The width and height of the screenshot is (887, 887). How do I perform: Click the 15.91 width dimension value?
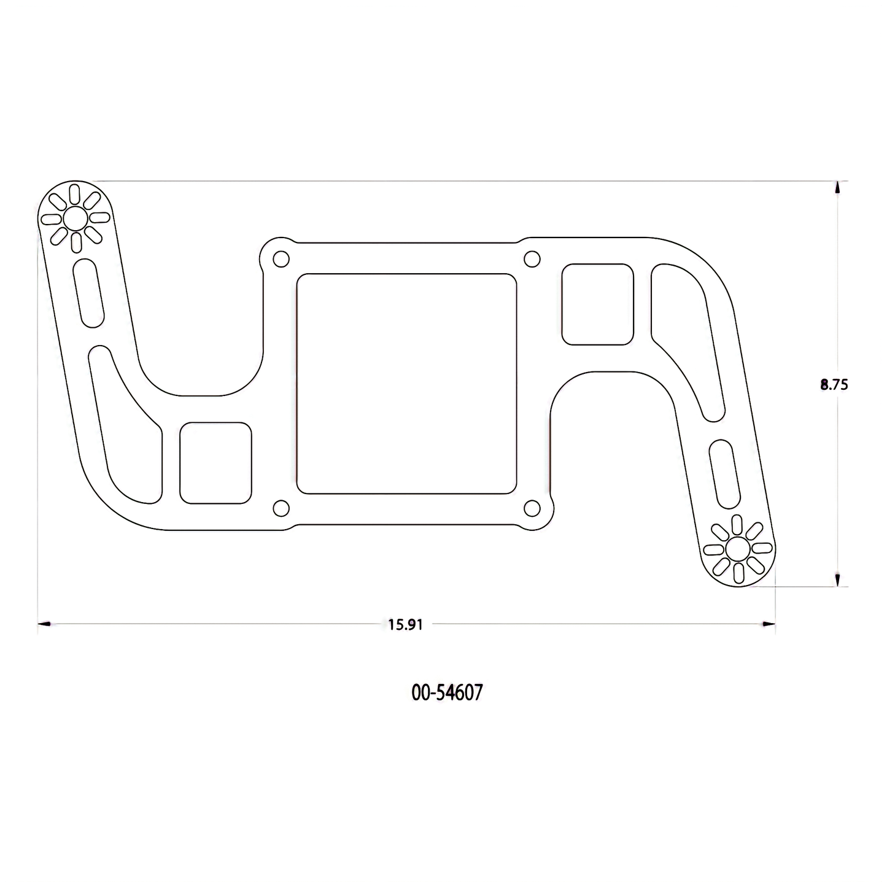tap(405, 625)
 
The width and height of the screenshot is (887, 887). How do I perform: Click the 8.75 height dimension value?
tap(834, 385)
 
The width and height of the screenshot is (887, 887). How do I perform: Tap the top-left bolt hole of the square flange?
tap(281, 259)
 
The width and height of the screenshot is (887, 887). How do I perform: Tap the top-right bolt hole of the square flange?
tap(532, 259)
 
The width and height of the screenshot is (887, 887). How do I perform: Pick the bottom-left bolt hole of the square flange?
tap(281, 508)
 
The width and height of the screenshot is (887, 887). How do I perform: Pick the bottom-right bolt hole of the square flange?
tap(532, 508)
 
